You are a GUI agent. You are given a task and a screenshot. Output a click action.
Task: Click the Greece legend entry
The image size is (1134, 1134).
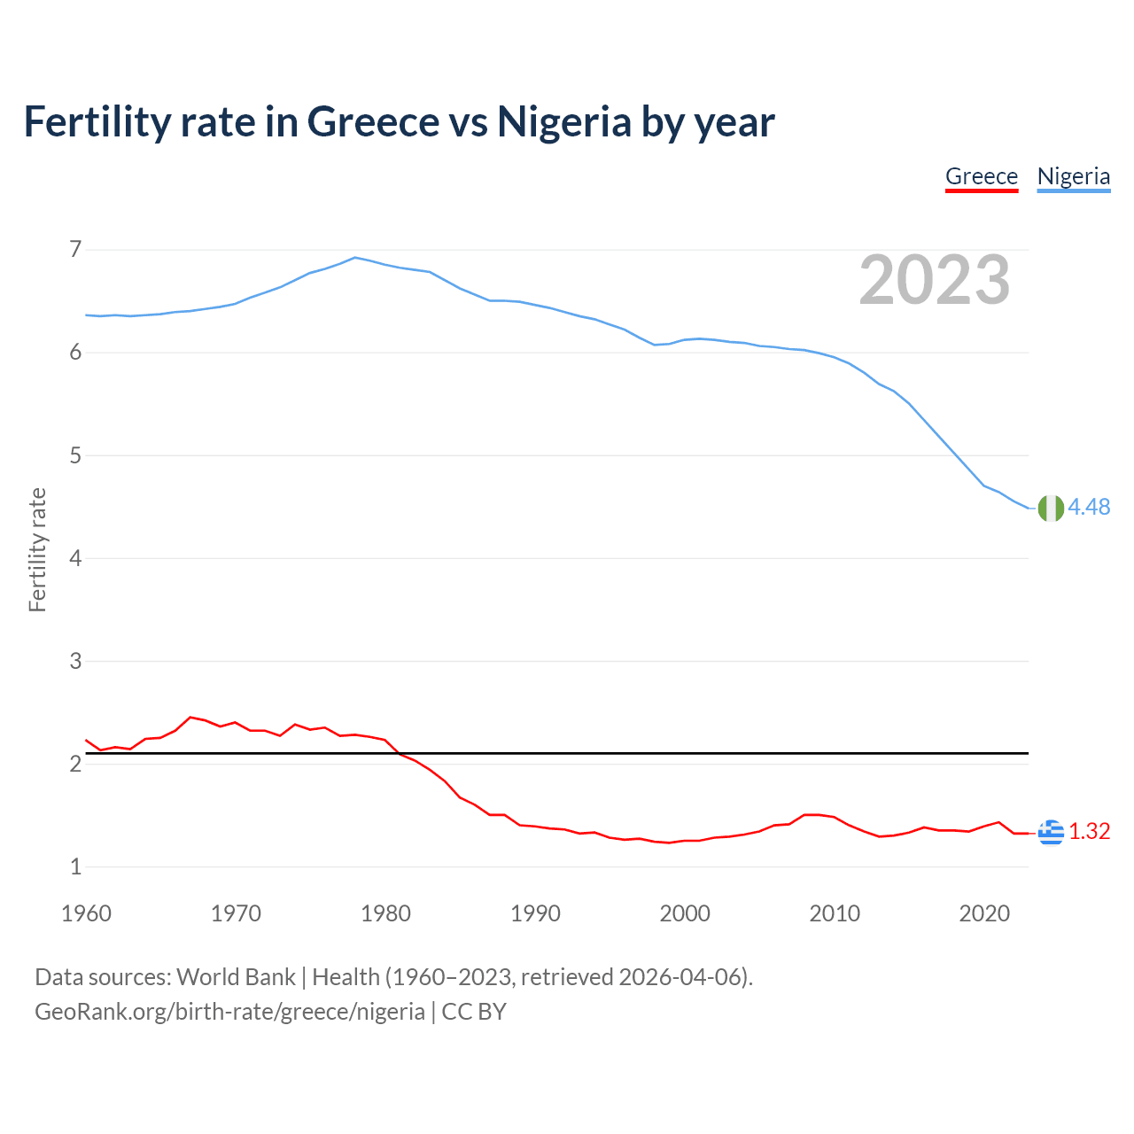(981, 176)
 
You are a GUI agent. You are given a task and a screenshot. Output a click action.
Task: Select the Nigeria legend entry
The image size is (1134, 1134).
(1073, 176)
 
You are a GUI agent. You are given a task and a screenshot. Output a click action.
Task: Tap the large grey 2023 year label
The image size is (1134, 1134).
(935, 280)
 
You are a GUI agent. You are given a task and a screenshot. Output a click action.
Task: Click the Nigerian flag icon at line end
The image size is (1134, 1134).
(1051, 508)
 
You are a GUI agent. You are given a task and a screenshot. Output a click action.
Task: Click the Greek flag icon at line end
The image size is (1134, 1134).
(1051, 832)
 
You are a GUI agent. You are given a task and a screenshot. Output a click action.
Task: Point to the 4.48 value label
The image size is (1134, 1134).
(1089, 507)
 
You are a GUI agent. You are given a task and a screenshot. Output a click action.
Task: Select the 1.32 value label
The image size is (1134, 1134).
(1089, 831)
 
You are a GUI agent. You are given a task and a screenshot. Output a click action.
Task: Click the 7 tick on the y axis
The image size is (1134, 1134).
(75, 249)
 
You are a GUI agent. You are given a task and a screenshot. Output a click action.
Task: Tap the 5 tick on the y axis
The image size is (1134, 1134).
(75, 455)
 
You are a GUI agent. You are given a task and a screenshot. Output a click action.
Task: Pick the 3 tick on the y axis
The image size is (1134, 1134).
(75, 661)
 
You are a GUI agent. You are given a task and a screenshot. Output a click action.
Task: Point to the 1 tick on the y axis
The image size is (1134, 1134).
(75, 866)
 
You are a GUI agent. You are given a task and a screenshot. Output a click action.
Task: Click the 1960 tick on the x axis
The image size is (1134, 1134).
(86, 913)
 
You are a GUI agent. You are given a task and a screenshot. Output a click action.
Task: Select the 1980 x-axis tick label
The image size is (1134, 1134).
(385, 913)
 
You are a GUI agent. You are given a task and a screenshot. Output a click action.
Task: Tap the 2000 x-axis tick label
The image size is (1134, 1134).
(685, 913)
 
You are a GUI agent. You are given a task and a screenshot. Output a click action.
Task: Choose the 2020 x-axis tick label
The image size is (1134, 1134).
(984, 913)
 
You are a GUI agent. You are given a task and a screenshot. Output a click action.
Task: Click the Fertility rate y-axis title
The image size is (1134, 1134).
(37, 549)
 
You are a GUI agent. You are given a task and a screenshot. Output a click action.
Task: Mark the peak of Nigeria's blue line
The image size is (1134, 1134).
(355, 258)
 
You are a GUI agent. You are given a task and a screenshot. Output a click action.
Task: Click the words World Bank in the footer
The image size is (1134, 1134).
(236, 977)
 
